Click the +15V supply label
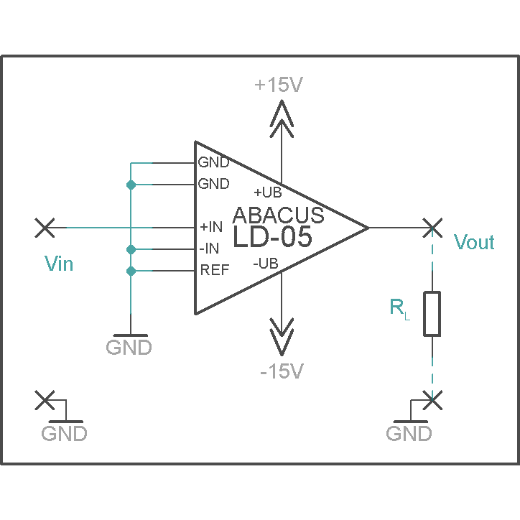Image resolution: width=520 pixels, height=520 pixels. click(x=279, y=85)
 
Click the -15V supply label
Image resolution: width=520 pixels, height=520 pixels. click(x=282, y=371)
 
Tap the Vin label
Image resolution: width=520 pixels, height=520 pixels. click(x=59, y=264)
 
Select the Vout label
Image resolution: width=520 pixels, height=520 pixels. click(x=474, y=242)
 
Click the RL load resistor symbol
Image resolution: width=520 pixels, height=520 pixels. click(x=432, y=314)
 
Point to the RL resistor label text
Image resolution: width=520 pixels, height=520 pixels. click(x=399, y=309)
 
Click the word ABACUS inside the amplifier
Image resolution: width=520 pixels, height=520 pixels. click(x=278, y=215)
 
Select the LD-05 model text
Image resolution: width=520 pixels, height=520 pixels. click(x=272, y=236)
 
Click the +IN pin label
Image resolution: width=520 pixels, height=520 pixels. click(x=211, y=227)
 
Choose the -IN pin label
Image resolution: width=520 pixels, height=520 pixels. click(x=209, y=249)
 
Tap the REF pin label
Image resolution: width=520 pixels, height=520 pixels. click(x=215, y=270)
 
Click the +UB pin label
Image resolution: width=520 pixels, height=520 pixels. click(x=268, y=192)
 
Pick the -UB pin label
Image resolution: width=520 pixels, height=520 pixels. click(x=266, y=264)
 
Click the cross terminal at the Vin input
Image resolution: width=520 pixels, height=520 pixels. click(x=45, y=228)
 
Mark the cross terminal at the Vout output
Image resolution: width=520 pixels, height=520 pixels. click(x=432, y=228)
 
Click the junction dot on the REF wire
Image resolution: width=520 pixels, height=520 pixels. click(x=131, y=271)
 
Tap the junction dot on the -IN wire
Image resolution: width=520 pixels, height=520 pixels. click(x=131, y=249)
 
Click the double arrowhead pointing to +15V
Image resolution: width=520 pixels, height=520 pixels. click(x=282, y=119)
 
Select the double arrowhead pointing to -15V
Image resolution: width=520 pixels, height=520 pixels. click(x=282, y=337)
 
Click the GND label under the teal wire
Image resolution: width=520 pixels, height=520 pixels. click(x=129, y=347)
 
